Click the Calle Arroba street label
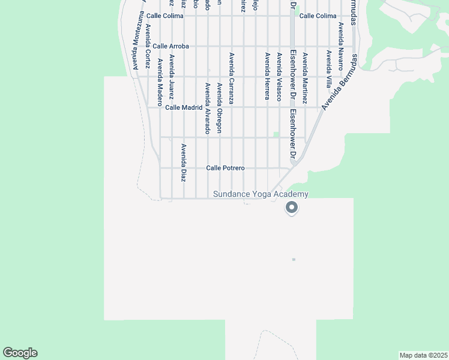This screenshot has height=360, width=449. point(171,46)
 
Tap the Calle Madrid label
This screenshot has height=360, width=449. point(184,107)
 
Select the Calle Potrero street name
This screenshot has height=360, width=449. point(225,168)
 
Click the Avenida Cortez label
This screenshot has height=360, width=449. point(148,46)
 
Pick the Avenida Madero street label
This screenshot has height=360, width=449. point(160,82)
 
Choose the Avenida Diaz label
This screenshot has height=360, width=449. point(184,163)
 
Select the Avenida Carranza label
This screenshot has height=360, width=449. point(232,79)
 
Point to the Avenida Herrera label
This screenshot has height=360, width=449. point(267,76)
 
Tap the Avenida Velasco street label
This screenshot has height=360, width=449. point(279,77)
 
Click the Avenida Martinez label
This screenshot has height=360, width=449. point(304,79)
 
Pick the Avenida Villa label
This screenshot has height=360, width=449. point(328,68)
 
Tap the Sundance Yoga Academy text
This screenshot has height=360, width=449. point(261,194)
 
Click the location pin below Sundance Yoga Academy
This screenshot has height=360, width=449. point(292,208)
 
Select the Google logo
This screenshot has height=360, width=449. point(20,353)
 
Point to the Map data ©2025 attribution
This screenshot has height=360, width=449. point(423,355)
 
